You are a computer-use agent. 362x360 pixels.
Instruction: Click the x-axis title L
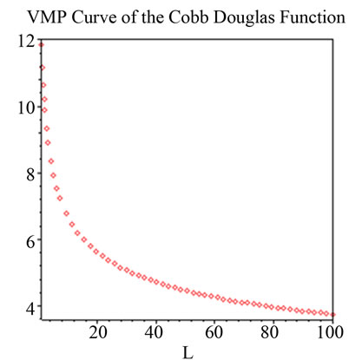point(188,352)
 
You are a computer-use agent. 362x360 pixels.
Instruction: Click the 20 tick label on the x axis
point(98,331)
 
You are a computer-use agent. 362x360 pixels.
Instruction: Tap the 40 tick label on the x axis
point(156,331)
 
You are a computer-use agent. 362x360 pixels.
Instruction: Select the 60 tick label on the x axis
point(215,331)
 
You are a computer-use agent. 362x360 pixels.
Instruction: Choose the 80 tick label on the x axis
point(273,331)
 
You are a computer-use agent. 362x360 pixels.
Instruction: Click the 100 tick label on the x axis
point(331,331)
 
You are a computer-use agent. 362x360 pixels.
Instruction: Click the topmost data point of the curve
point(41,44)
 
